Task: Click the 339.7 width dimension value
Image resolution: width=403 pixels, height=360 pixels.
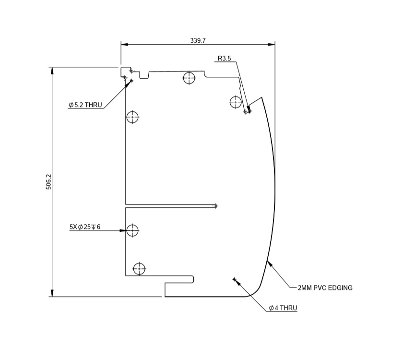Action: [198, 41]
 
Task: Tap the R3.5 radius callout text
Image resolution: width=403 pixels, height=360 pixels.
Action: [224, 59]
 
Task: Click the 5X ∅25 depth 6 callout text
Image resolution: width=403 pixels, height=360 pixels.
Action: [85, 227]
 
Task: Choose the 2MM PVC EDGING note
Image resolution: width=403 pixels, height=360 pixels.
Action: [325, 288]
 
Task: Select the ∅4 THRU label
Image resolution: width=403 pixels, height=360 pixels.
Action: [283, 308]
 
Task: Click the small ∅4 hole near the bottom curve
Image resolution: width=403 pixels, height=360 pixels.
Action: [234, 279]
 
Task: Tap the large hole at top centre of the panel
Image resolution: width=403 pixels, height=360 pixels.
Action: [190, 78]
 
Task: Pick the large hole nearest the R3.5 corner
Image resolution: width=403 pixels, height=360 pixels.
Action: [236, 102]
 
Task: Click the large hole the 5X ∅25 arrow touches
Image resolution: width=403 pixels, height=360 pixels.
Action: [132, 231]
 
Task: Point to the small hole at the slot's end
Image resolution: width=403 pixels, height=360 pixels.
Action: [215, 206]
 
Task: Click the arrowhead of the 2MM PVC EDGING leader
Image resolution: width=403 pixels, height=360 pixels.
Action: [269, 262]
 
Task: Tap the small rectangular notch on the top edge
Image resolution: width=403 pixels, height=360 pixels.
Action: [144, 75]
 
